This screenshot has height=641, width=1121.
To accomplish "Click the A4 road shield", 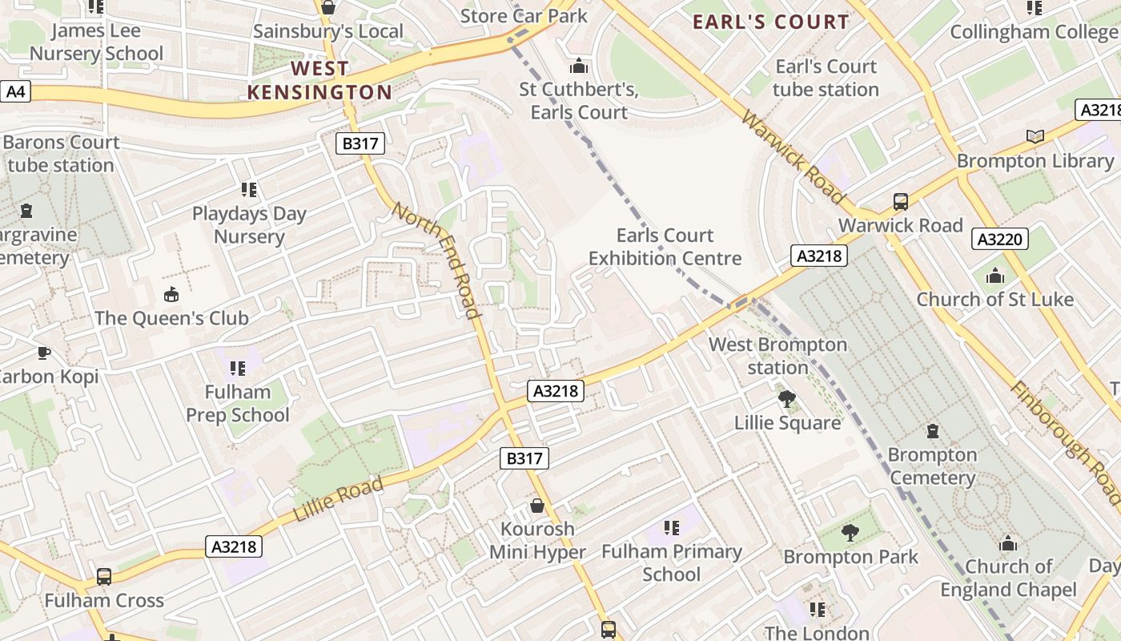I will point(16,91).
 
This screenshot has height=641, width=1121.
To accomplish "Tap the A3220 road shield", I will point(1001,239).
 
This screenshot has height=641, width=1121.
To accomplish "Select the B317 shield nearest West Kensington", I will point(360,144).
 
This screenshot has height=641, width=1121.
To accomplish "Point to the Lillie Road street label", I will point(338,498).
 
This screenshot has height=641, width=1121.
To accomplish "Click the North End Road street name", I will point(437,260).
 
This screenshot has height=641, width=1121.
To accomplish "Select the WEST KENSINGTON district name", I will point(319,80).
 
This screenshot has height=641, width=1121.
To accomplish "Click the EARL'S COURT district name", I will point(770,22).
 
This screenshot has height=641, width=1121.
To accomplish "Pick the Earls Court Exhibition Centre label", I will point(665,247).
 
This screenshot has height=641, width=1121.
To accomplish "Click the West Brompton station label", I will point(777,356).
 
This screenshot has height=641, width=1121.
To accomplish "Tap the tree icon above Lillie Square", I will point(787,398).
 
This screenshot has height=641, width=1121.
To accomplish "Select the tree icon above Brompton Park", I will point(850,532).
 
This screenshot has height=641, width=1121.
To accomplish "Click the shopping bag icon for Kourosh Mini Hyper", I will point(537,506).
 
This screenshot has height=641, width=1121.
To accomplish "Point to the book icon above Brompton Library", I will point(1035,136).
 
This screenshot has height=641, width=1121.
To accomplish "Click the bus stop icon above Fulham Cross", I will point(104,576).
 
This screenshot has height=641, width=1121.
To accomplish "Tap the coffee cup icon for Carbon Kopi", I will point(43,353).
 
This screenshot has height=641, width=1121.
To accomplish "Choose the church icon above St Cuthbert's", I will point(578,66).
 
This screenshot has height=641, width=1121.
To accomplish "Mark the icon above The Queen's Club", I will point(171,294).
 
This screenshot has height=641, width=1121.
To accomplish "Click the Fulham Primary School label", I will point(671,562).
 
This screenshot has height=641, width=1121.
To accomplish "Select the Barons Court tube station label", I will point(61,154).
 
